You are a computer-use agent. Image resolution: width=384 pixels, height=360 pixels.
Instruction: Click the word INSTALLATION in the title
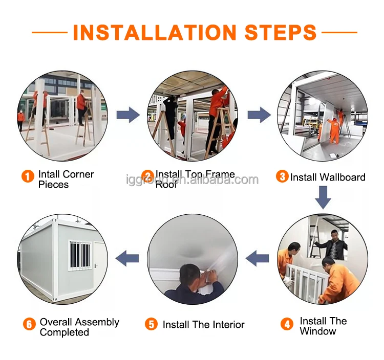point(155,32)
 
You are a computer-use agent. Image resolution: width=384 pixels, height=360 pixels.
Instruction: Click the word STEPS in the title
point(281,32)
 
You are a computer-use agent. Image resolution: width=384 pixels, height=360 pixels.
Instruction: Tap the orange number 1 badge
point(28,176)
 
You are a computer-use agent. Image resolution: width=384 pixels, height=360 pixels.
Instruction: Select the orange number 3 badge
point(282,176)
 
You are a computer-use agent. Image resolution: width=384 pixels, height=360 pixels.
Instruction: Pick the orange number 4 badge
point(287,324)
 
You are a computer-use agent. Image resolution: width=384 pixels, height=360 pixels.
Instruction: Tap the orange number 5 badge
point(151,324)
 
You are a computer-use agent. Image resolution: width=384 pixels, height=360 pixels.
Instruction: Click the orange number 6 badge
point(29,324)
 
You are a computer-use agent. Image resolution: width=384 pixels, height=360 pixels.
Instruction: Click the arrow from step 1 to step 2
point(128,115)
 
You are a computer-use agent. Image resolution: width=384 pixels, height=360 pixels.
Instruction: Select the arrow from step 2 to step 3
point(260,115)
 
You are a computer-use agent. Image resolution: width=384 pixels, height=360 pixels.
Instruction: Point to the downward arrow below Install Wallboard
point(323,197)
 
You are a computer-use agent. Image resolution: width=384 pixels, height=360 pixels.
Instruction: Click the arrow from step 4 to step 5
point(257,258)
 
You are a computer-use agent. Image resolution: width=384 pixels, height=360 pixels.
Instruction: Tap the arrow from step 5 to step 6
point(127,258)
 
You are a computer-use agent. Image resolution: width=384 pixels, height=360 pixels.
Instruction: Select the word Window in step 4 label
point(318,331)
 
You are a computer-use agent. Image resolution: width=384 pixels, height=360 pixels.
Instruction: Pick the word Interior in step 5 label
point(229,325)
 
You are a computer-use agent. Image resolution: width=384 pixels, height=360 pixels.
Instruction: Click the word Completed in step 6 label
point(65,332)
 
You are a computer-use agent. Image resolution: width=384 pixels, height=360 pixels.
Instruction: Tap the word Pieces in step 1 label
point(53,185)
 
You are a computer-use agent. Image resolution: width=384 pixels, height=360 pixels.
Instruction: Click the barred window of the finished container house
point(80,255)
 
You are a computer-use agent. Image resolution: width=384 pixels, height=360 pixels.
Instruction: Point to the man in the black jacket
point(333,245)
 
